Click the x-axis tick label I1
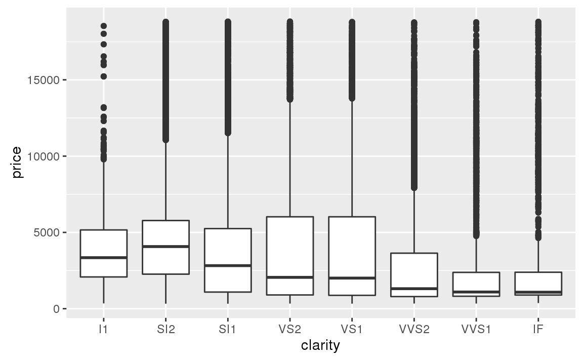click(103, 329)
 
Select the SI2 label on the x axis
click(165, 329)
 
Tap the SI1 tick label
click(228, 329)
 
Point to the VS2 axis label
click(289, 329)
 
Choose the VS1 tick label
click(352, 329)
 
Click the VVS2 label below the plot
click(414, 329)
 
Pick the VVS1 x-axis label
click(476, 329)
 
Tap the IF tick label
click(538, 329)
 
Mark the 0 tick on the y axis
click(57, 309)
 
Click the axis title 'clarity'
click(320, 346)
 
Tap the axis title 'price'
click(17, 162)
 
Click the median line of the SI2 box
click(165, 247)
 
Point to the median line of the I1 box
click(103, 258)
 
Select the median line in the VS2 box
click(289, 277)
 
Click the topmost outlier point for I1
click(103, 26)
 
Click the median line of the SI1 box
click(228, 265)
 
